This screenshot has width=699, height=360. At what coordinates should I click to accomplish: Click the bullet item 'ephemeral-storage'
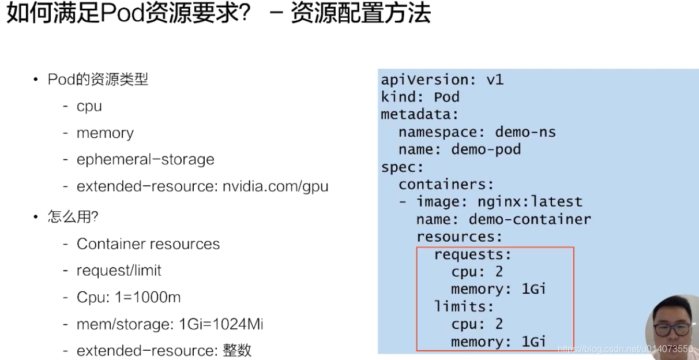145,160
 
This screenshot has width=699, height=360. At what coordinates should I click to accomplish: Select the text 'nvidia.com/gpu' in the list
275,186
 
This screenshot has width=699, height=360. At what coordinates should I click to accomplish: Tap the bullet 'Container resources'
148,244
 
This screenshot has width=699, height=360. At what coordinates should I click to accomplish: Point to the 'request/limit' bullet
119,271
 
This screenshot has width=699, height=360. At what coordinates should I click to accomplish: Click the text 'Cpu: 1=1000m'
129,298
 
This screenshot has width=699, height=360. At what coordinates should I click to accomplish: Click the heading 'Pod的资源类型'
98,80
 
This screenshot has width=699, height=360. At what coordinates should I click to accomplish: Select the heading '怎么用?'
73,217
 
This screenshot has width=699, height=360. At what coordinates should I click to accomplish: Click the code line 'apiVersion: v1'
442,80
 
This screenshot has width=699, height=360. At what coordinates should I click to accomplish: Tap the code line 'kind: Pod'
420,97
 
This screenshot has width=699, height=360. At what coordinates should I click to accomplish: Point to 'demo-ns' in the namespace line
525,132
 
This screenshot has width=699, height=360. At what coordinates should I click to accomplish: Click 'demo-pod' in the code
486,149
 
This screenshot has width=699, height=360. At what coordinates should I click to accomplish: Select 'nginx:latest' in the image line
529,202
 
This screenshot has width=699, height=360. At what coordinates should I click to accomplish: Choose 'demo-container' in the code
529,219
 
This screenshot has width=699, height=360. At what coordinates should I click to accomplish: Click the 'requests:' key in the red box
472,254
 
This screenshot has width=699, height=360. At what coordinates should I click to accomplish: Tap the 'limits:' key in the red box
464,306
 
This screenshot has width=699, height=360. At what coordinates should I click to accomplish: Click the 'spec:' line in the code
402,167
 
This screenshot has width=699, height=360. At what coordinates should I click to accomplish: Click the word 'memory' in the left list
105,133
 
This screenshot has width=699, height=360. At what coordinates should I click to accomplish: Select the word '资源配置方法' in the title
360,13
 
